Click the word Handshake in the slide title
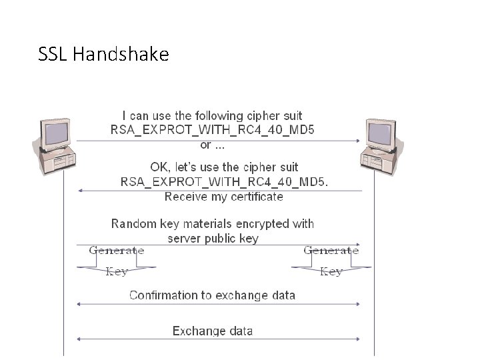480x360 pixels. pyautogui.click(x=121, y=54)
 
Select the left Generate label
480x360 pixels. pyautogui.click(x=117, y=251)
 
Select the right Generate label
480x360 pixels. pyautogui.click(x=331, y=251)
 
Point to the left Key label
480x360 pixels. pyautogui.click(x=117, y=271)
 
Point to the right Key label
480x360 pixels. pyautogui.click(x=331, y=271)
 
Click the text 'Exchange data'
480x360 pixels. pyautogui.click(x=213, y=331)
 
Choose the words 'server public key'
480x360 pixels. pyautogui.click(x=213, y=238)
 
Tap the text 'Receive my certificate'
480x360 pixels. pyautogui.click(x=224, y=197)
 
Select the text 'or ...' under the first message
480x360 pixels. pyautogui.click(x=213, y=144)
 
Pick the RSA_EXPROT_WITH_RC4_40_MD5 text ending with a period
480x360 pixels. pyautogui.click(x=224, y=181)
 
